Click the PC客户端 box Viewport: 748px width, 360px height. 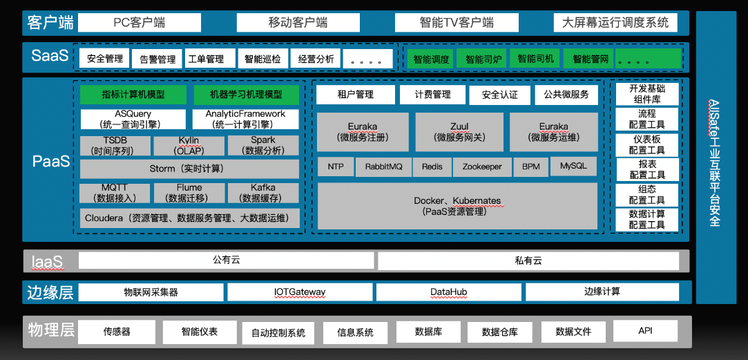point(140,23)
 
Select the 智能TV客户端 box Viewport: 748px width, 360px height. point(457,23)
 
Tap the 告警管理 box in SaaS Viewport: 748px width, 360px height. point(157,59)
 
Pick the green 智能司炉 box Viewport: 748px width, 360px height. point(483,59)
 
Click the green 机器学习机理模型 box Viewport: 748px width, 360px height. point(246,95)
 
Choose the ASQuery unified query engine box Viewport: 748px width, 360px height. point(133,119)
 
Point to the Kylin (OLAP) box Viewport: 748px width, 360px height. point(189,146)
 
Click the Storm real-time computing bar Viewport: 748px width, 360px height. point(189,169)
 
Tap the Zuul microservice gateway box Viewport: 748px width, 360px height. point(459,132)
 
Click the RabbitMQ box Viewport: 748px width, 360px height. point(383,167)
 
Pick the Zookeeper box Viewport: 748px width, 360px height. point(482,167)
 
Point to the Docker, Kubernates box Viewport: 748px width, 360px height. point(457,206)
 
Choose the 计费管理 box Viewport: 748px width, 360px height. point(432,95)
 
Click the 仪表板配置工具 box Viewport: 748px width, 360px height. point(646,144)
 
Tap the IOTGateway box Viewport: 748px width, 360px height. point(299,292)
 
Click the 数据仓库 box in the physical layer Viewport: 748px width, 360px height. point(499,332)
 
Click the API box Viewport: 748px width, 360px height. point(645,331)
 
